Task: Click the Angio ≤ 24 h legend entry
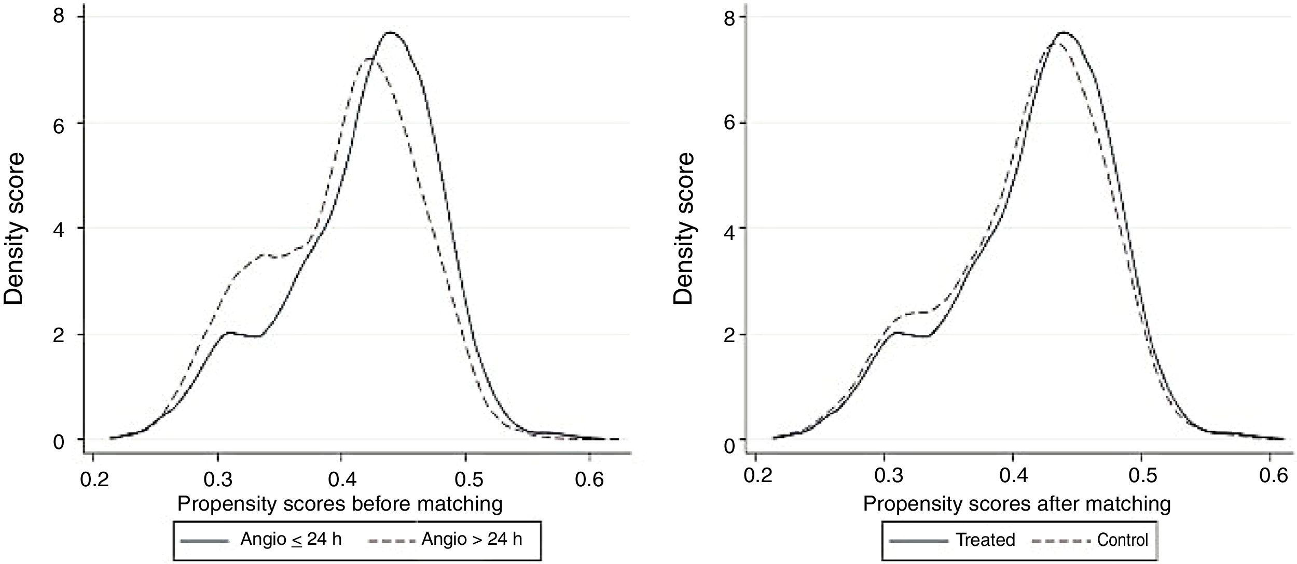tap(291, 540)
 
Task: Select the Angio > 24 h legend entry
tap(471, 540)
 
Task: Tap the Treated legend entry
tap(985, 540)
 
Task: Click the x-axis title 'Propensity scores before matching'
tap(340, 504)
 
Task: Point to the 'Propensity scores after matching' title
tap(1017, 504)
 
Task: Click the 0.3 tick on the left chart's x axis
tap(217, 480)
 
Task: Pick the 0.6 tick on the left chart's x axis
tap(589, 480)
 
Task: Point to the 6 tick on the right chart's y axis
tap(729, 123)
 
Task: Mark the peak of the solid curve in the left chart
tap(390, 33)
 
